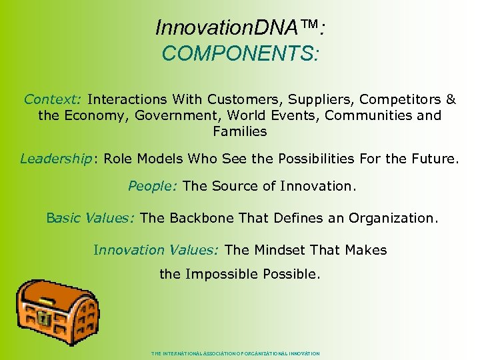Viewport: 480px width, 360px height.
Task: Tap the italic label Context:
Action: (53, 99)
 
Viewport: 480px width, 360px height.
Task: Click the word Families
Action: (240, 131)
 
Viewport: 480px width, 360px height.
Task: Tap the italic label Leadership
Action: (55, 159)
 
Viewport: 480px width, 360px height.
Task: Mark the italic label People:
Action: (153, 186)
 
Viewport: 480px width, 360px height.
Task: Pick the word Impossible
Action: (221, 274)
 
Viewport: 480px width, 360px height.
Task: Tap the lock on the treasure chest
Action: (43, 319)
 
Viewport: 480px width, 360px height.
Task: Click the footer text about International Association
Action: (236, 353)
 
